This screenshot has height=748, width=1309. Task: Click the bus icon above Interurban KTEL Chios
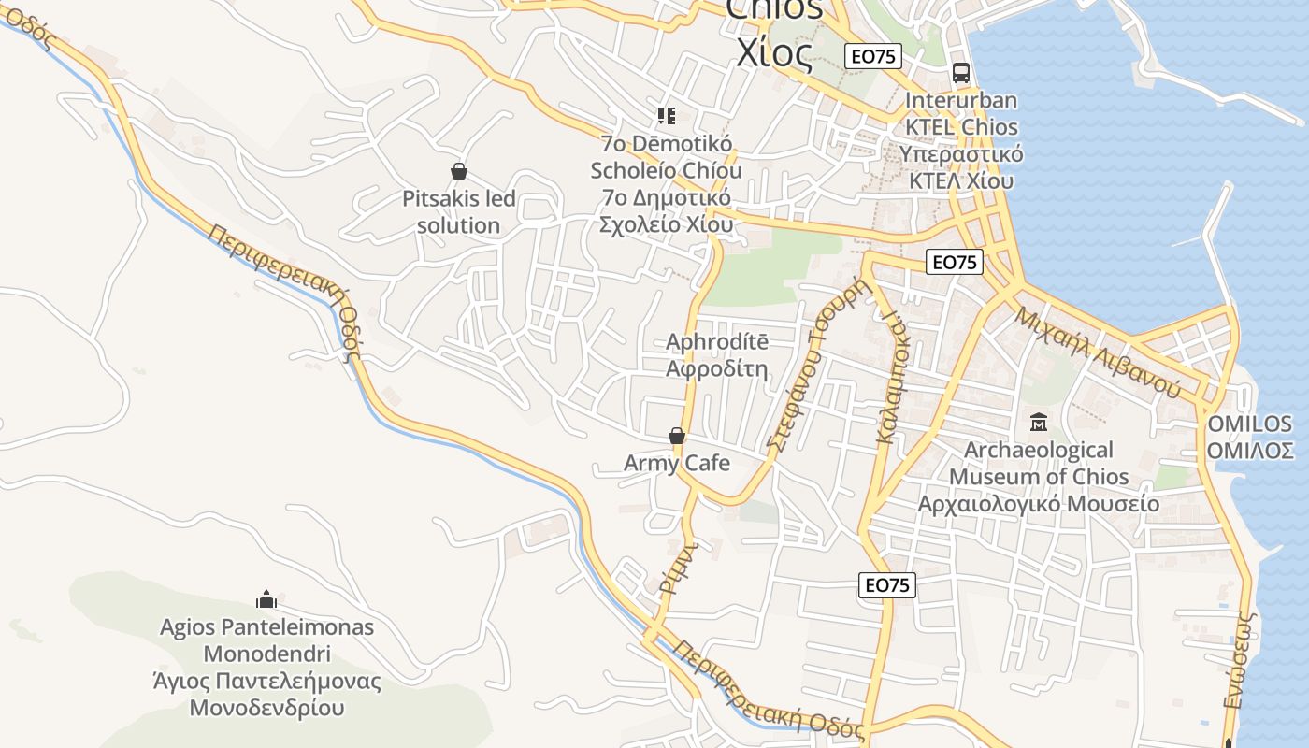(960, 72)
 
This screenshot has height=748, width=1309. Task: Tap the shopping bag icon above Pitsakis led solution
(458, 171)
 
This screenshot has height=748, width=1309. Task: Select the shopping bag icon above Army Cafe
(677, 436)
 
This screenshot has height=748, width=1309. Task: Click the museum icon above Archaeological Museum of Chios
(1038, 423)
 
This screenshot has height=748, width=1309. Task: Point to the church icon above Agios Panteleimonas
(266, 599)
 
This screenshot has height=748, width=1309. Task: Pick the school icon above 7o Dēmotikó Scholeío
(666, 116)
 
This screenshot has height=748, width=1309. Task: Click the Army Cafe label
(677, 463)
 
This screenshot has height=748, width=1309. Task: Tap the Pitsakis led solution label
(458, 212)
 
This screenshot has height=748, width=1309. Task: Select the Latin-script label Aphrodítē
(716, 341)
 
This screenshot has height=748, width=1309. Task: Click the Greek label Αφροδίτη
(716, 367)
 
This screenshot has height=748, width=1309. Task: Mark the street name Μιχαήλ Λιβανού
(1099, 352)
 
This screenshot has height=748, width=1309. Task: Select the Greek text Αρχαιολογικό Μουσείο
(1038, 504)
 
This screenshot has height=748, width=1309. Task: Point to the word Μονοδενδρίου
(266, 707)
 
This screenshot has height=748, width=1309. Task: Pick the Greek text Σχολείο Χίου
(666, 224)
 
